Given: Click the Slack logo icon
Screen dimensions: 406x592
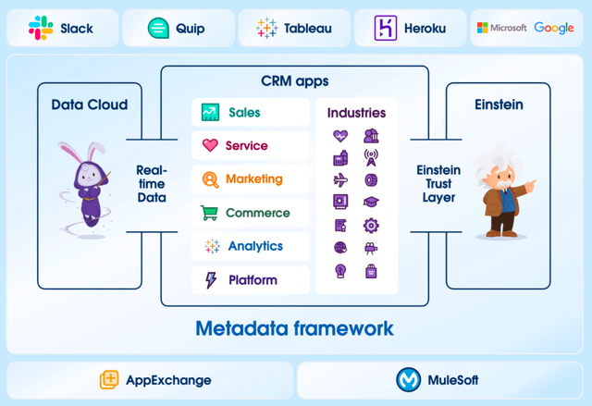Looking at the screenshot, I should (x=41, y=29).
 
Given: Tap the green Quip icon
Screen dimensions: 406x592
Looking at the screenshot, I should (x=158, y=29).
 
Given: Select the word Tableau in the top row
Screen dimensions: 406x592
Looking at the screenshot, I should (x=307, y=29).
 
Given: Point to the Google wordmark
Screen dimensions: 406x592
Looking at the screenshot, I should (x=553, y=29).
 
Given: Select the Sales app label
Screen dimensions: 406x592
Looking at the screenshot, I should (x=244, y=113).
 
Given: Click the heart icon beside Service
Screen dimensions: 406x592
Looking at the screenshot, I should (x=210, y=146).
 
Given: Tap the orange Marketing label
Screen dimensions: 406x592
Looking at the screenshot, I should (x=253, y=179).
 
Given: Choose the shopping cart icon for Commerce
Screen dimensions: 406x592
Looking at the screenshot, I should (x=210, y=213).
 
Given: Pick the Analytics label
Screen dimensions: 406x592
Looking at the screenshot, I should (x=254, y=246).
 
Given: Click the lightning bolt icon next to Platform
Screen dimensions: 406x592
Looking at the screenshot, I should (x=210, y=279).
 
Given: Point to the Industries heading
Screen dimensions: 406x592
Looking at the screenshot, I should (x=356, y=113).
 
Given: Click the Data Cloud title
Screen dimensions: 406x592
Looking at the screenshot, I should (x=90, y=105).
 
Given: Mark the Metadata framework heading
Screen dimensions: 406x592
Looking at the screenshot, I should (x=294, y=328).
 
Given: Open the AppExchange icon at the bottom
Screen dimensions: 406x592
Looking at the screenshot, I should (x=110, y=380).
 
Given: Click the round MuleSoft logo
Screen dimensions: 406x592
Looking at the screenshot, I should (x=408, y=380).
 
